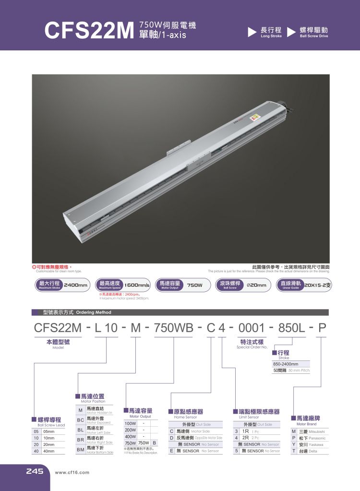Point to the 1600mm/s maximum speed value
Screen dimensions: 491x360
137,285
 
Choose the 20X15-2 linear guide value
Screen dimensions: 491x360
321,285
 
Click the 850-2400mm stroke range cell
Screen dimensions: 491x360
286,364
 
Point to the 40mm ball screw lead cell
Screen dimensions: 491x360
48,452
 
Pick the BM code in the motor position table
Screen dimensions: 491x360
81,450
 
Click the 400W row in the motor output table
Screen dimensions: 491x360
130,437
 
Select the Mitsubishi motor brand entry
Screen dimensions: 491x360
310,431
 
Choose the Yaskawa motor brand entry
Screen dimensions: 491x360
310,444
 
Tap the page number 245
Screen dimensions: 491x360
35,471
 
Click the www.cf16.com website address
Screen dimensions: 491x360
72,472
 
